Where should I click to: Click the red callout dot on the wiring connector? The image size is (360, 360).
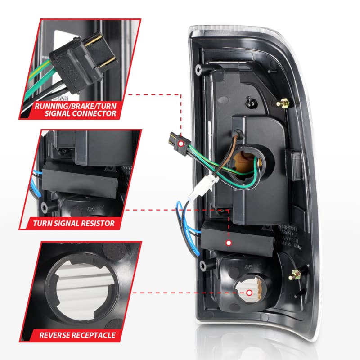pyautogui.click(x=180, y=143)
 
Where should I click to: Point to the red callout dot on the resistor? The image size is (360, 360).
pyautogui.click(x=228, y=243)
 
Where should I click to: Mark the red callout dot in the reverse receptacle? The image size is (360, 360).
pyautogui.click(x=249, y=293)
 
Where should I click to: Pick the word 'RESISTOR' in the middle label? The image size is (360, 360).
pyautogui.click(x=95, y=222)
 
